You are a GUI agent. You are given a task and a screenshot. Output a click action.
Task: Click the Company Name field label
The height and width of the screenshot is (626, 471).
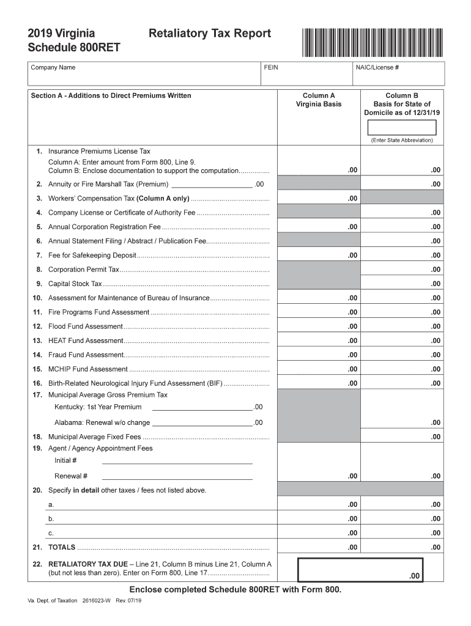(53, 67)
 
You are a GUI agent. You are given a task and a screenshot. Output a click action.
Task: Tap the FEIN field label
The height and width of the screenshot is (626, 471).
(271, 67)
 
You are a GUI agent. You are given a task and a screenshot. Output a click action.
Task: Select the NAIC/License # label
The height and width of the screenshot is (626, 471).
(377, 67)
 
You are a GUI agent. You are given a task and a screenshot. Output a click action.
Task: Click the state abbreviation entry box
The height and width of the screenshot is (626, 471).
(402, 127)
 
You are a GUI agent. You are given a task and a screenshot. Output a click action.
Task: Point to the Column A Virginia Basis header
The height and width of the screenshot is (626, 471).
(319, 100)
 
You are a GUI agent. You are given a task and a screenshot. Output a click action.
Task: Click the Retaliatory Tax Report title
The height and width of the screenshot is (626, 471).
(210, 34)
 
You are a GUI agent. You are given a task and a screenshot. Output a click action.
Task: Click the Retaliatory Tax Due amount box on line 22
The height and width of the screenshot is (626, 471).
(360, 570)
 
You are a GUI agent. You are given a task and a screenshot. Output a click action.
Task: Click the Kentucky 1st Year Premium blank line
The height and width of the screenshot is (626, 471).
(202, 407)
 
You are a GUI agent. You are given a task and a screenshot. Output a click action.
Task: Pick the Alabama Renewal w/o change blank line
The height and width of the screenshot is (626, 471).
(202, 422)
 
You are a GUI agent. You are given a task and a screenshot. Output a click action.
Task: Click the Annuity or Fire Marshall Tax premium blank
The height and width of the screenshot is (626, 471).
(212, 184)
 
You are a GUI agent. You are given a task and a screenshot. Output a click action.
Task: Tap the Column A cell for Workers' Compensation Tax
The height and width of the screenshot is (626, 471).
(319, 198)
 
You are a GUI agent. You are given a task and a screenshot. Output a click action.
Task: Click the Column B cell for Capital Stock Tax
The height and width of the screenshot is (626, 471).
(402, 284)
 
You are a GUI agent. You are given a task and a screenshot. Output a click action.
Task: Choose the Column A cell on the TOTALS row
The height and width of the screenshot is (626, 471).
(319, 547)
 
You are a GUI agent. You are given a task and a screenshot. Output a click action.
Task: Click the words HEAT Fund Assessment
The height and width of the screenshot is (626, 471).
(86, 341)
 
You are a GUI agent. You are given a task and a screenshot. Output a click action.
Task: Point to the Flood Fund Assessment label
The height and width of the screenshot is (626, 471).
(86, 326)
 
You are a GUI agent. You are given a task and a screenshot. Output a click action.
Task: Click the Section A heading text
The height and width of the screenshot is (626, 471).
(111, 95)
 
